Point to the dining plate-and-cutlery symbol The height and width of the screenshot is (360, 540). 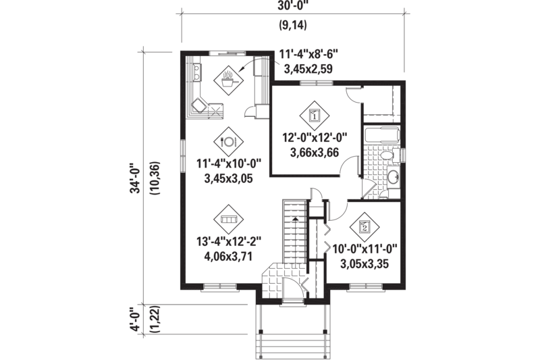227,142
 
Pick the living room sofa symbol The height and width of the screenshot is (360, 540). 227,220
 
